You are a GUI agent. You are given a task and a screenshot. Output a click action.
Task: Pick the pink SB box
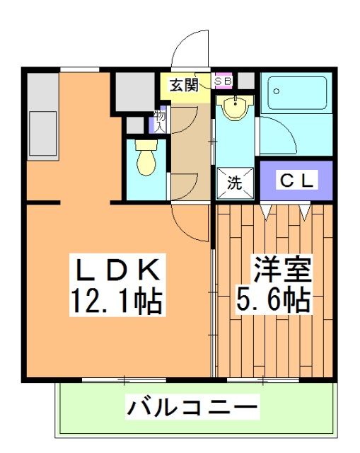(x=223, y=79)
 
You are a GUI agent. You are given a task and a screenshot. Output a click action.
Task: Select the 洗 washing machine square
(x=234, y=181)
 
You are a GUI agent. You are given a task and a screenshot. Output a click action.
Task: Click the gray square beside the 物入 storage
(x=134, y=125)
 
